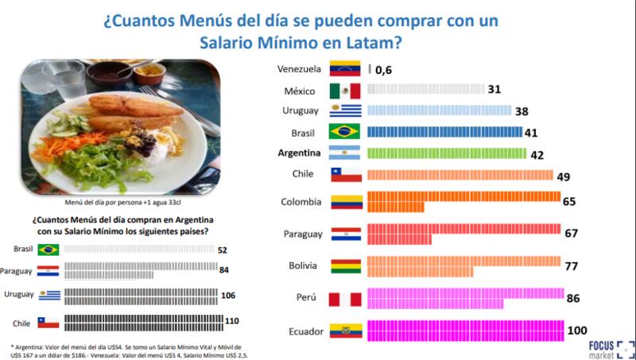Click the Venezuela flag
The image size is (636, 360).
coord(346,69)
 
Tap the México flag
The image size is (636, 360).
coord(346,90)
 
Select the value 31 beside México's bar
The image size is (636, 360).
coord(494,90)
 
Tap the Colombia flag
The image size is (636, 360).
coord(346,202)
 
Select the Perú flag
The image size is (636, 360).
coord(346,298)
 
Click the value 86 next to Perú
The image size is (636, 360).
coord(572,298)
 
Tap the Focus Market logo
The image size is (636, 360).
coord(608,348)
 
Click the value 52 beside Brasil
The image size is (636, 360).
coord(223,249)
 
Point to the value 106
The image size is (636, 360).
coord(229,296)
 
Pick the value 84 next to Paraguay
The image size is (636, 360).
coord(224,270)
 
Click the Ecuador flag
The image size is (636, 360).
coord(346,330)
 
